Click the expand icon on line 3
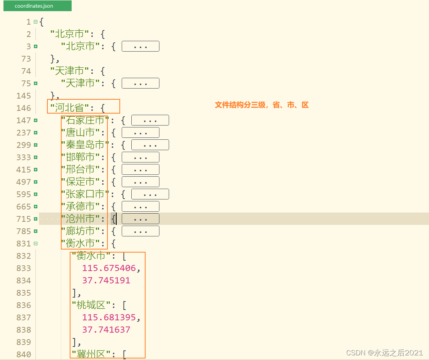[x=35, y=47]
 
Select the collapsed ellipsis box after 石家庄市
[x=150, y=121]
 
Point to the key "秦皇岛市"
[x=85, y=145]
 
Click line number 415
[x=23, y=170]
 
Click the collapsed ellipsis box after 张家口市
[x=150, y=194]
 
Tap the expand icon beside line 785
[x=35, y=231]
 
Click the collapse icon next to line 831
[x=35, y=244]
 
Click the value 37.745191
[x=106, y=281]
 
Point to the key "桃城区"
[x=91, y=305]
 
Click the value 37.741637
[x=106, y=330]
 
